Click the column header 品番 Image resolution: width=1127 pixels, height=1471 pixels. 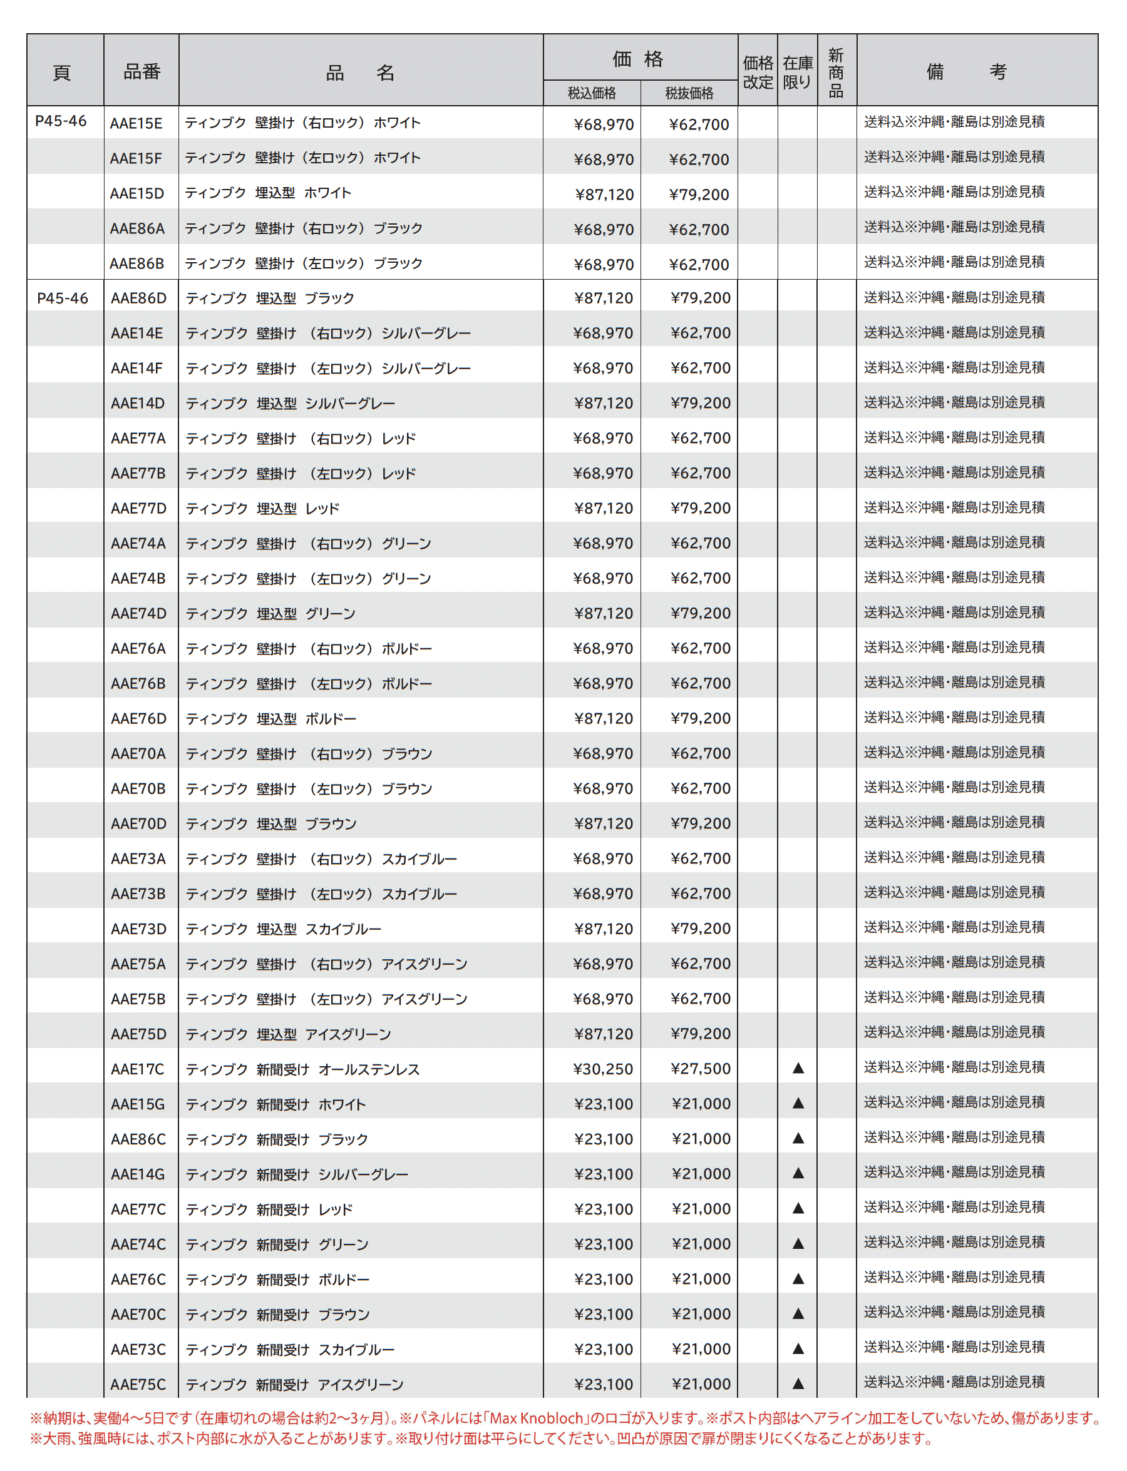pyautogui.click(x=142, y=71)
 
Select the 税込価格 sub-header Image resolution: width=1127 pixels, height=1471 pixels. pyautogui.click(x=592, y=93)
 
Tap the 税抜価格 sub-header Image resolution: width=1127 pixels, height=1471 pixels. pyautogui.click(x=689, y=93)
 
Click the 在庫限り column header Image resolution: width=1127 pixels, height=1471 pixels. pyautogui.click(x=798, y=72)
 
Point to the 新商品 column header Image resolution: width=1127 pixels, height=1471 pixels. pyautogui.click(x=836, y=72)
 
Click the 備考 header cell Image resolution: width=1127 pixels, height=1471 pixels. pyautogui.click(x=976, y=71)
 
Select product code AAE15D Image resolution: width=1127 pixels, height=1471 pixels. pyautogui.click(x=137, y=194)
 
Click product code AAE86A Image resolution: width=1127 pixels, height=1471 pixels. pyautogui.click(x=137, y=228)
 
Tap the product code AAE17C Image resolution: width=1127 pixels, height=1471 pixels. pyautogui.click(x=138, y=1069)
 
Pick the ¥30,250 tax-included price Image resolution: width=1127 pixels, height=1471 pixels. pyautogui.click(x=603, y=1069)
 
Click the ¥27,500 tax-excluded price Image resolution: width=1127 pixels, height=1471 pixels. pyautogui.click(x=701, y=1069)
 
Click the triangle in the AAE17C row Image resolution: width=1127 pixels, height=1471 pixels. pyautogui.click(x=798, y=1069)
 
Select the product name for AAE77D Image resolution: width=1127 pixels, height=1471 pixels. pyautogui.click(x=262, y=509)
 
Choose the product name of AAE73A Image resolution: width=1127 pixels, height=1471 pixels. pyautogui.click(x=321, y=860)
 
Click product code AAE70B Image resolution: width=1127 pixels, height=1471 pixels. pyautogui.click(x=138, y=789)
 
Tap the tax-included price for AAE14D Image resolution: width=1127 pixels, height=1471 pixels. pyautogui.click(x=603, y=404)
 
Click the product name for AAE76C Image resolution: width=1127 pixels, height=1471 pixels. pyautogui.click(x=277, y=1280)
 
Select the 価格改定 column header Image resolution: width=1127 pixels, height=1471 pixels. pyautogui.click(x=758, y=72)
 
